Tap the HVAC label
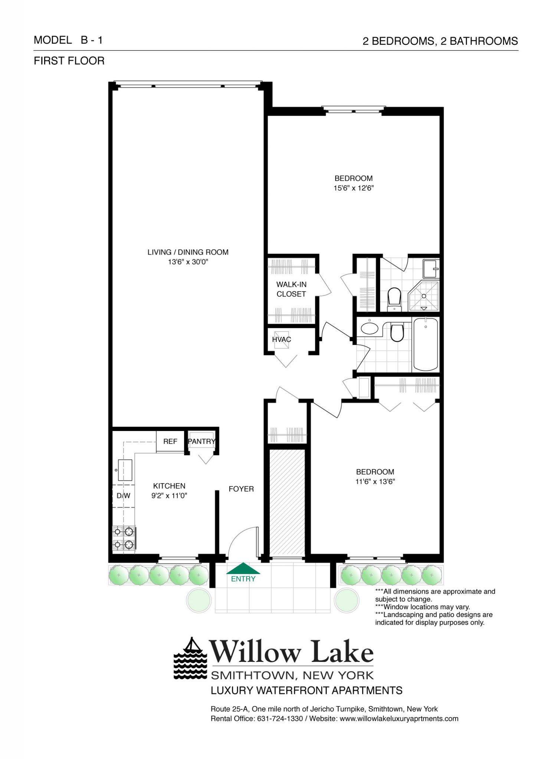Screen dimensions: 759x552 tap(282, 339)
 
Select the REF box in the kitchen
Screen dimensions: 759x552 tap(170, 441)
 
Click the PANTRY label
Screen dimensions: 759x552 tap(201, 441)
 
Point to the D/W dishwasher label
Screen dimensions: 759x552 tap(123, 495)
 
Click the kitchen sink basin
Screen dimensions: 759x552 tap(125, 470)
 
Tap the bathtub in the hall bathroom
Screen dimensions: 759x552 tap(425, 344)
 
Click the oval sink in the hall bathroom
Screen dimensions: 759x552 tap(369, 328)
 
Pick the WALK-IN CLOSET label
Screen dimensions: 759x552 tap(291, 289)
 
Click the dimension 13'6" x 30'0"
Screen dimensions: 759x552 tap(188, 262)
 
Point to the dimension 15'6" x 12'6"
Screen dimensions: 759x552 tap(353, 188)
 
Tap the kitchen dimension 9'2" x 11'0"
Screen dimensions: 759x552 tap(169, 495)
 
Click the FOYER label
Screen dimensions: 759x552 tap(241, 489)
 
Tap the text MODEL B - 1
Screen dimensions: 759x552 tap(68, 40)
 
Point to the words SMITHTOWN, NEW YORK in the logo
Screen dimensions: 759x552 tap(292, 675)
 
